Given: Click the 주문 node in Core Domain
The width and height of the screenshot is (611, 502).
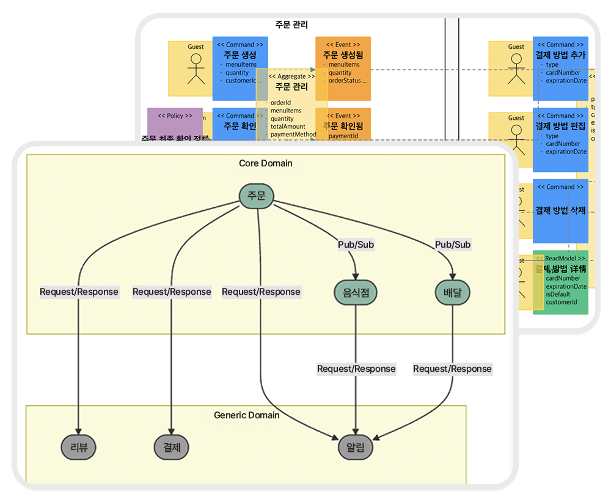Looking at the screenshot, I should pyautogui.click(x=256, y=196).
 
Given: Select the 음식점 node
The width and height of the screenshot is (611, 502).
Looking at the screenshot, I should pyautogui.click(x=356, y=293).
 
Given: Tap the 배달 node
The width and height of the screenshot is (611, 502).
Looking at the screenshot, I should pyautogui.click(x=453, y=293).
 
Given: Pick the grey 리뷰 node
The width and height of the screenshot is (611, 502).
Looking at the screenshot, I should pyautogui.click(x=79, y=448).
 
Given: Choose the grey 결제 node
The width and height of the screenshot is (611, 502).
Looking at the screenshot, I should pyautogui.click(x=172, y=448).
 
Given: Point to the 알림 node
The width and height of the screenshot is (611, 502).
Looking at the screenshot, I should pyautogui.click(x=355, y=448).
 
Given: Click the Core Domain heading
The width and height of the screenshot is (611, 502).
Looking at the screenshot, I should pyautogui.click(x=265, y=163).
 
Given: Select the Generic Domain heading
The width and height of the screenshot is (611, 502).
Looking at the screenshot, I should pyautogui.click(x=247, y=415).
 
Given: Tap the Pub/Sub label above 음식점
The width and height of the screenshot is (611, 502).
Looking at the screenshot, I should pyautogui.click(x=356, y=245).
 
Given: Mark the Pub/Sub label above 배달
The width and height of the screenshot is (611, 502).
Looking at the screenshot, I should pyautogui.click(x=453, y=245).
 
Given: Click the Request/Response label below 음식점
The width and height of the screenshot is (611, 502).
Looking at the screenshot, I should pyautogui.click(x=356, y=369).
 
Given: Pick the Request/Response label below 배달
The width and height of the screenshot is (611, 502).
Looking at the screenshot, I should pyautogui.click(x=452, y=369).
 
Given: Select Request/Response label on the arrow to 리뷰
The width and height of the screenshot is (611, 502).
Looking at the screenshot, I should pyautogui.click(x=79, y=292).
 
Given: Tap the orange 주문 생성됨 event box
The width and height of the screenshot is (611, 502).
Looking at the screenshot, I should pyautogui.click(x=343, y=67).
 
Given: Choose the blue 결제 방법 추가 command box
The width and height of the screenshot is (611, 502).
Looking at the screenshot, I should pyautogui.click(x=560, y=67).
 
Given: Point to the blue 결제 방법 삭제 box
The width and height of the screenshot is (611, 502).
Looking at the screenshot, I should pyautogui.click(x=560, y=211).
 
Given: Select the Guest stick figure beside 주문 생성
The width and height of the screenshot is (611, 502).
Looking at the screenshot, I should pyautogui.click(x=196, y=68).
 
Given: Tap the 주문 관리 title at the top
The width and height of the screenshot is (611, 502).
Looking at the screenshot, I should pyautogui.click(x=292, y=26).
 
